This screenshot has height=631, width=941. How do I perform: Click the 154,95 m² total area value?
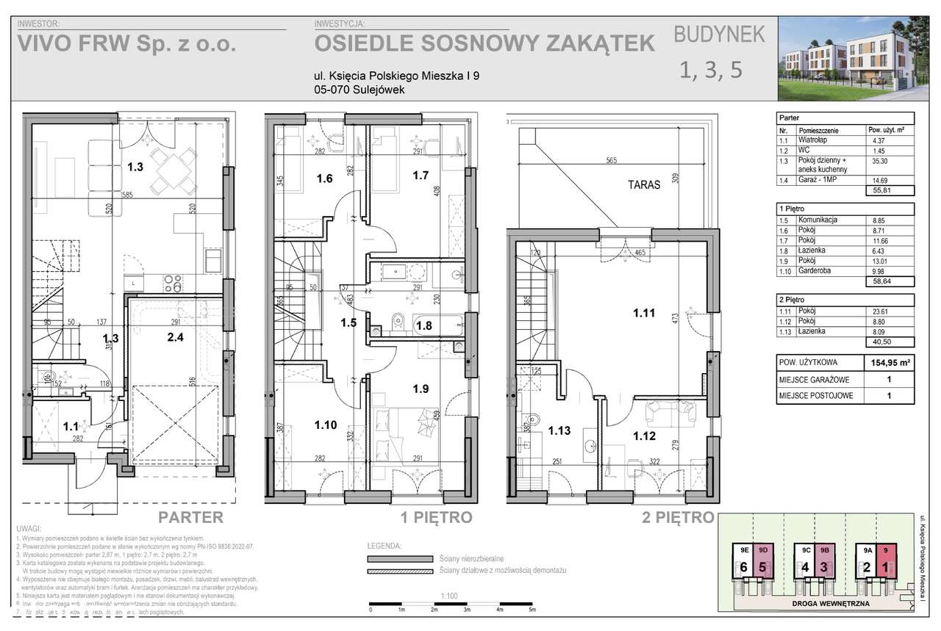tap(889, 363)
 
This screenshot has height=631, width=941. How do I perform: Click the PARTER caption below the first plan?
tap(191, 517)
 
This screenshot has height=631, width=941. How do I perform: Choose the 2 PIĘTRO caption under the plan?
tap(678, 517)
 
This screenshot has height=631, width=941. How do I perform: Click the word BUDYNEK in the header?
tap(720, 34)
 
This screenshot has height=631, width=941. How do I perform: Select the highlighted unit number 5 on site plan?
tap(763, 567)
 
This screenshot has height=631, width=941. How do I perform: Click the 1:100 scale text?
tap(446, 597)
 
